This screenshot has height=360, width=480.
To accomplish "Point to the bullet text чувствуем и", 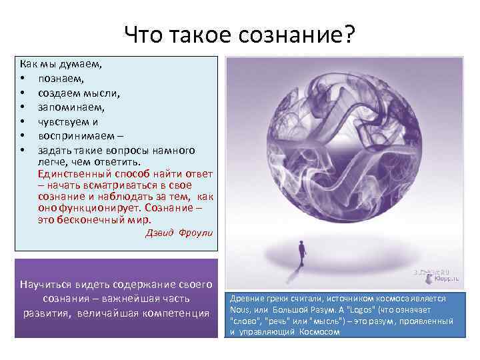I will click(x=68, y=121).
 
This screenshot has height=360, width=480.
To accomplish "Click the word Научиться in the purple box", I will click(x=47, y=283).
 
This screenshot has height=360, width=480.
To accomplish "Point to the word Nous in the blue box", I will click(x=240, y=310).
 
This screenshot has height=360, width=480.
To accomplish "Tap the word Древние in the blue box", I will click(x=247, y=299).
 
